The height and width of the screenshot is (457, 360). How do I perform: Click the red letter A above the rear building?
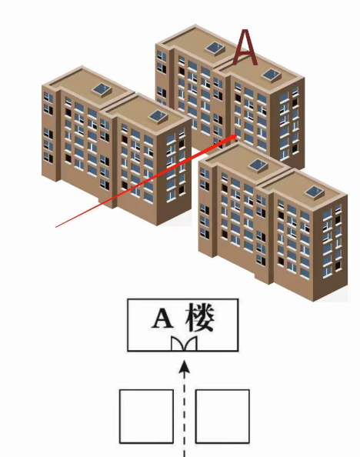[x=245, y=48]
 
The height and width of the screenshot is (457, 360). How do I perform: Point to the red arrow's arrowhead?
[x=232, y=138]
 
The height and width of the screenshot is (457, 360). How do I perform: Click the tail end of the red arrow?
[x=55, y=227]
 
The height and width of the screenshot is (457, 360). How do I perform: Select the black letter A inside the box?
[x=162, y=319]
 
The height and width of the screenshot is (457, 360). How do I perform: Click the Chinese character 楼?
[x=200, y=318]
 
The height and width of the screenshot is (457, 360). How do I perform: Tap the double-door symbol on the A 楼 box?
[x=184, y=344]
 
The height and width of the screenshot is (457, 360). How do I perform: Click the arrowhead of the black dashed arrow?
[x=184, y=367]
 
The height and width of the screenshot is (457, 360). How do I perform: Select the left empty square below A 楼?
[x=147, y=416]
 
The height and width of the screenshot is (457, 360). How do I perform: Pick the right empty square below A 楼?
[x=222, y=416]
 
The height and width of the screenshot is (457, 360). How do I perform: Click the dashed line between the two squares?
[x=184, y=414]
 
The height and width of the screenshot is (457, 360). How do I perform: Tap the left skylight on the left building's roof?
[x=102, y=89]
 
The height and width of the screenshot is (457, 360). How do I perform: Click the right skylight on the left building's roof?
[x=158, y=117]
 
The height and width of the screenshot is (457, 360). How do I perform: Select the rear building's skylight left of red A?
[x=215, y=48]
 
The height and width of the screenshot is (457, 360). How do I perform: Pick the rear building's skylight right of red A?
[x=272, y=75]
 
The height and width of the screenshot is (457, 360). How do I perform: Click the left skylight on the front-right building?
[x=258, y=166]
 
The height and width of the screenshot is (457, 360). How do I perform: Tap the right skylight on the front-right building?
[x=315, y=192]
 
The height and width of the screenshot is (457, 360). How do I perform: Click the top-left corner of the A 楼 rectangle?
[x=128, y=299]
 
